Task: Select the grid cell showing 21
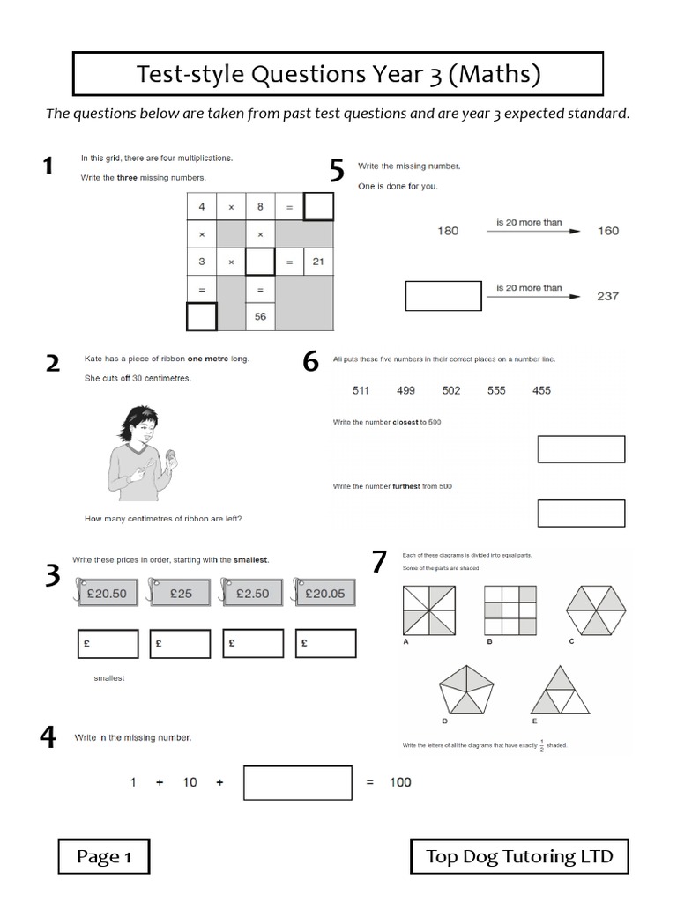pos(318,262)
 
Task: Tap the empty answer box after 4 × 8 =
pos(318,207)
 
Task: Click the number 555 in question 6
pos(496,390)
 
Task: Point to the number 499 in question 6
pos(405,390)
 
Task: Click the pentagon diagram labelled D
pos(466,691)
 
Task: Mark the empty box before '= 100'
pos(297,782)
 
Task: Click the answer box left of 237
pos(443,296)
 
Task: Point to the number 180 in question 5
pos(448,231)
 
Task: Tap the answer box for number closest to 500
pos(580,448)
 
